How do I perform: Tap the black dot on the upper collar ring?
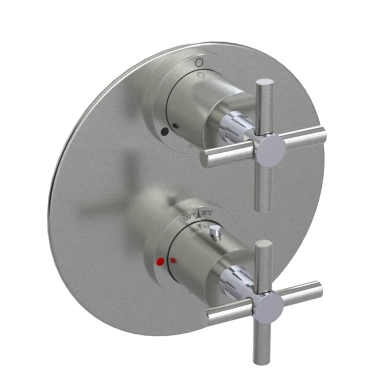pos(165,132)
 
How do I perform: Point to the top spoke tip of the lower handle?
pos(264,244)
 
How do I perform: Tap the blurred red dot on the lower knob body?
pos(174,260)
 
